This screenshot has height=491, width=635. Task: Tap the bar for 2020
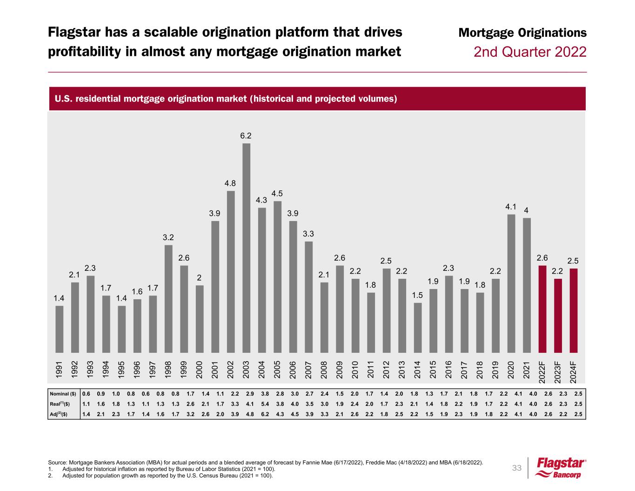(511, 283)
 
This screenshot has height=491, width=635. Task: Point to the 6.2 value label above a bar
(246, 135)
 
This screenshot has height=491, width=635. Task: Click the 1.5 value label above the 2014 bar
(418, 295)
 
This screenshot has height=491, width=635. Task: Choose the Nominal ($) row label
(63, 394)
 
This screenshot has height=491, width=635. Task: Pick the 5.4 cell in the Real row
(264, 404)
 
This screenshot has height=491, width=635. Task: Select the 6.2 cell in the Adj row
(264, 414)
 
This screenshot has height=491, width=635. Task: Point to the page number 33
(517, 468)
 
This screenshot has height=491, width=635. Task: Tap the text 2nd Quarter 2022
(530, 52)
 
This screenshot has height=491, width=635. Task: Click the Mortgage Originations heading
(522, 33)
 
